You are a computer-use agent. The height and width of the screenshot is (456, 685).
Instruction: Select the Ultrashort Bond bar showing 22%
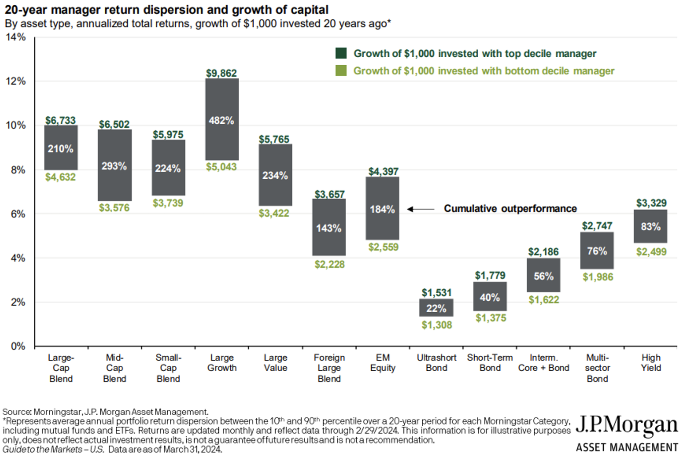(436, 307)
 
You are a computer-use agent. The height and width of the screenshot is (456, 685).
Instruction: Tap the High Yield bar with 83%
(650, 226)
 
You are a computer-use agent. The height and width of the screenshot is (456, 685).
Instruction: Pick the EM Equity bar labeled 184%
(382, 208)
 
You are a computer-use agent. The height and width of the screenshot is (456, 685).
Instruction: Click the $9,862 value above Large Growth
(221, 73)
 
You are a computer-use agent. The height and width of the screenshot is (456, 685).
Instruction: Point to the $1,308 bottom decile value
(437, 325)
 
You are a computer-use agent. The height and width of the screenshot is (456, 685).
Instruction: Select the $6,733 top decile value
(60, 120)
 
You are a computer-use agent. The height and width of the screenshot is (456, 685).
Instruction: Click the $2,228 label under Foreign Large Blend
(329, 264)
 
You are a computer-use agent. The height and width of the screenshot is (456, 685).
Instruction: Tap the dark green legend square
(341, 53)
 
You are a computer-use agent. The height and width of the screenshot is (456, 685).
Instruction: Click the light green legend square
(341, 71)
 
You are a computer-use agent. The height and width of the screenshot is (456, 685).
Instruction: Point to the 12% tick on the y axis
(16, 81)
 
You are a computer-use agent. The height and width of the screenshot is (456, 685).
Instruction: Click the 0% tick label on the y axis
(18, 346)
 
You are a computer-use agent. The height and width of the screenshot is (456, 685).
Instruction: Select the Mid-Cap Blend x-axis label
(114, 368)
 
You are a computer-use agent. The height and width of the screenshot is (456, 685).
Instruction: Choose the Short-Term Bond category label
(490, 362)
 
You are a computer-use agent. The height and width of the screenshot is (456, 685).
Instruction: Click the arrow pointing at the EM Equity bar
(420, 209)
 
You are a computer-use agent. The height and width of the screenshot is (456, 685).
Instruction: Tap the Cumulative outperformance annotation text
(510, 208)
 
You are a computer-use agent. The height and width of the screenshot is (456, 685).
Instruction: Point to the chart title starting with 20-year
(166, 9)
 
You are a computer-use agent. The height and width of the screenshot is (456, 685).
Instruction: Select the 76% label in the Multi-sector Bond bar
(597, 251)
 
